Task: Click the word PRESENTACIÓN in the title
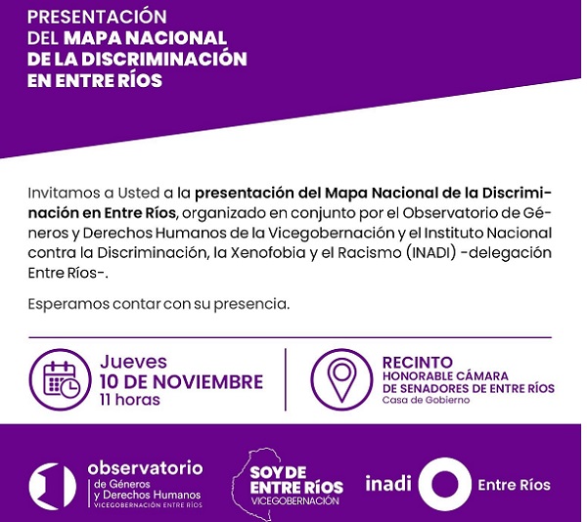pos(97,16)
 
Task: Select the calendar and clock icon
pos(61,379)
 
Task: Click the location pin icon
pos(341,379)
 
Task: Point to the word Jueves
pos(134,362)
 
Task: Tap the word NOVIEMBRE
pos(207,382)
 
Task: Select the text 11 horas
pos(130,400)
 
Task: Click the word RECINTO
pos(418,363)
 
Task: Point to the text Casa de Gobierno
pos(426,400)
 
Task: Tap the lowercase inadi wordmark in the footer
pos(388,482)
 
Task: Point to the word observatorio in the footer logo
pos(145,468)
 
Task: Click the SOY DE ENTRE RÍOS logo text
pos(296,480)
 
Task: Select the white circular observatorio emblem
pos(53,487)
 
